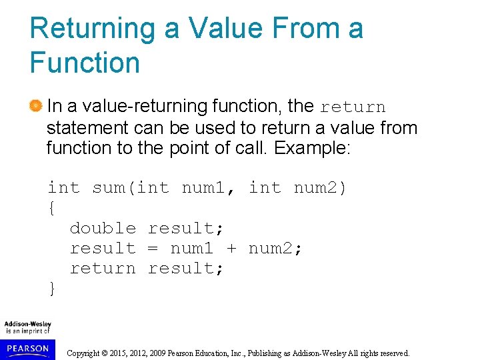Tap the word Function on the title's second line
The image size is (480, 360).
85,63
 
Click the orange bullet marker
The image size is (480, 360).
37,107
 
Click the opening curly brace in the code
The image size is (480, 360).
52,208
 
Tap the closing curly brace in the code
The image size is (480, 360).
52,288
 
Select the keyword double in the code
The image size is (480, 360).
103,228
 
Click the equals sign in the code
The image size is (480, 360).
153,248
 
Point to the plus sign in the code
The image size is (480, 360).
231,248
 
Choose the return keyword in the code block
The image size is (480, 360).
103,268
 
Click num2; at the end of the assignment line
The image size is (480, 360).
276,248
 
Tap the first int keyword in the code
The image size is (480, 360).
63,188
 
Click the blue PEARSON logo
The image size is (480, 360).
27,348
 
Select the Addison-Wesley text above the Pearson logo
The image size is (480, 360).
27,324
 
